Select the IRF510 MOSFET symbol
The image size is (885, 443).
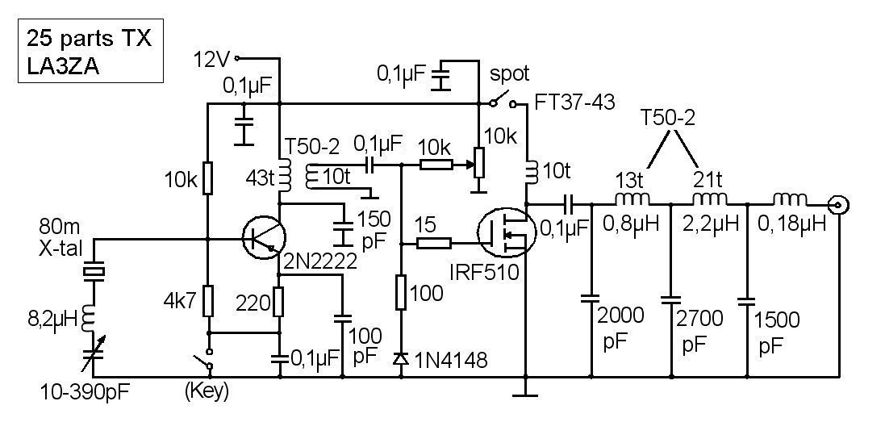coord(502,233)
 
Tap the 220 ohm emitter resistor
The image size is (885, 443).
coord(279,303)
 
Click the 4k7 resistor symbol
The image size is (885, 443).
coord(208,303)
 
